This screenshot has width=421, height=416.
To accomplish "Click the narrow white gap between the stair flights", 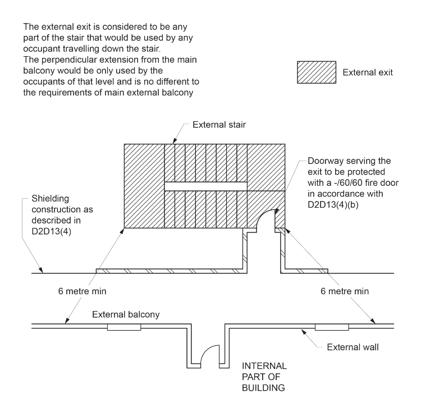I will [205, 186].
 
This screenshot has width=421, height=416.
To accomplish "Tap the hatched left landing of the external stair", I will [143, 186].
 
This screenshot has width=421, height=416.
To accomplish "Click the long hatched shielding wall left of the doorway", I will [168, 271].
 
